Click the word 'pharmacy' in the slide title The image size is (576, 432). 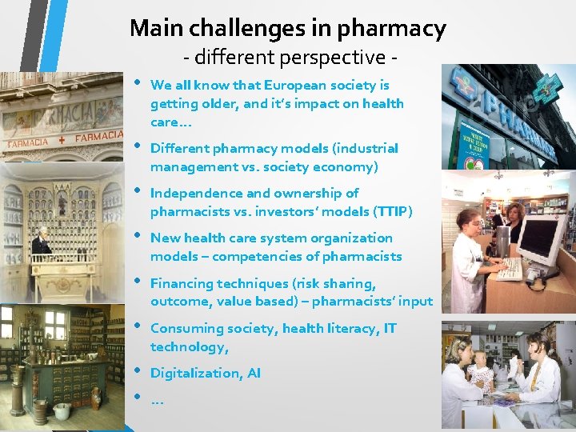(x=392, y=29)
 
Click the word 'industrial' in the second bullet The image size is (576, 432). (x=361, y=149)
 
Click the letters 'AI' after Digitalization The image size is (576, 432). (x=254, y=373)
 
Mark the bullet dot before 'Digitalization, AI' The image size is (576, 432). (x=138, y=371)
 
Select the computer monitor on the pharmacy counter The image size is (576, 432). (x=540, y=240)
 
